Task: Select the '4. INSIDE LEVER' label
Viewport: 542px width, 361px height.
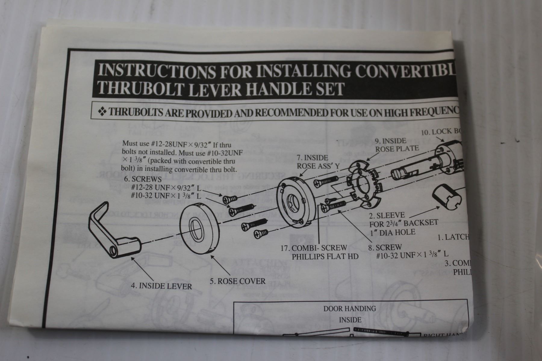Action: coord(161,286)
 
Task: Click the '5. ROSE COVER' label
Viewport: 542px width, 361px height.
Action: coord(238,281)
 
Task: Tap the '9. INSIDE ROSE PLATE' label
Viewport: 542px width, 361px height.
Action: coord(396,144)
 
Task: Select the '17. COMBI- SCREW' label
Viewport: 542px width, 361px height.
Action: coord(313,248)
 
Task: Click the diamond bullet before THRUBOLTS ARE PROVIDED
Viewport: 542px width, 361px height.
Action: coord(102,112)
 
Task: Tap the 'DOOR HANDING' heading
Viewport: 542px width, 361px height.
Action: coord(350,309)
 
